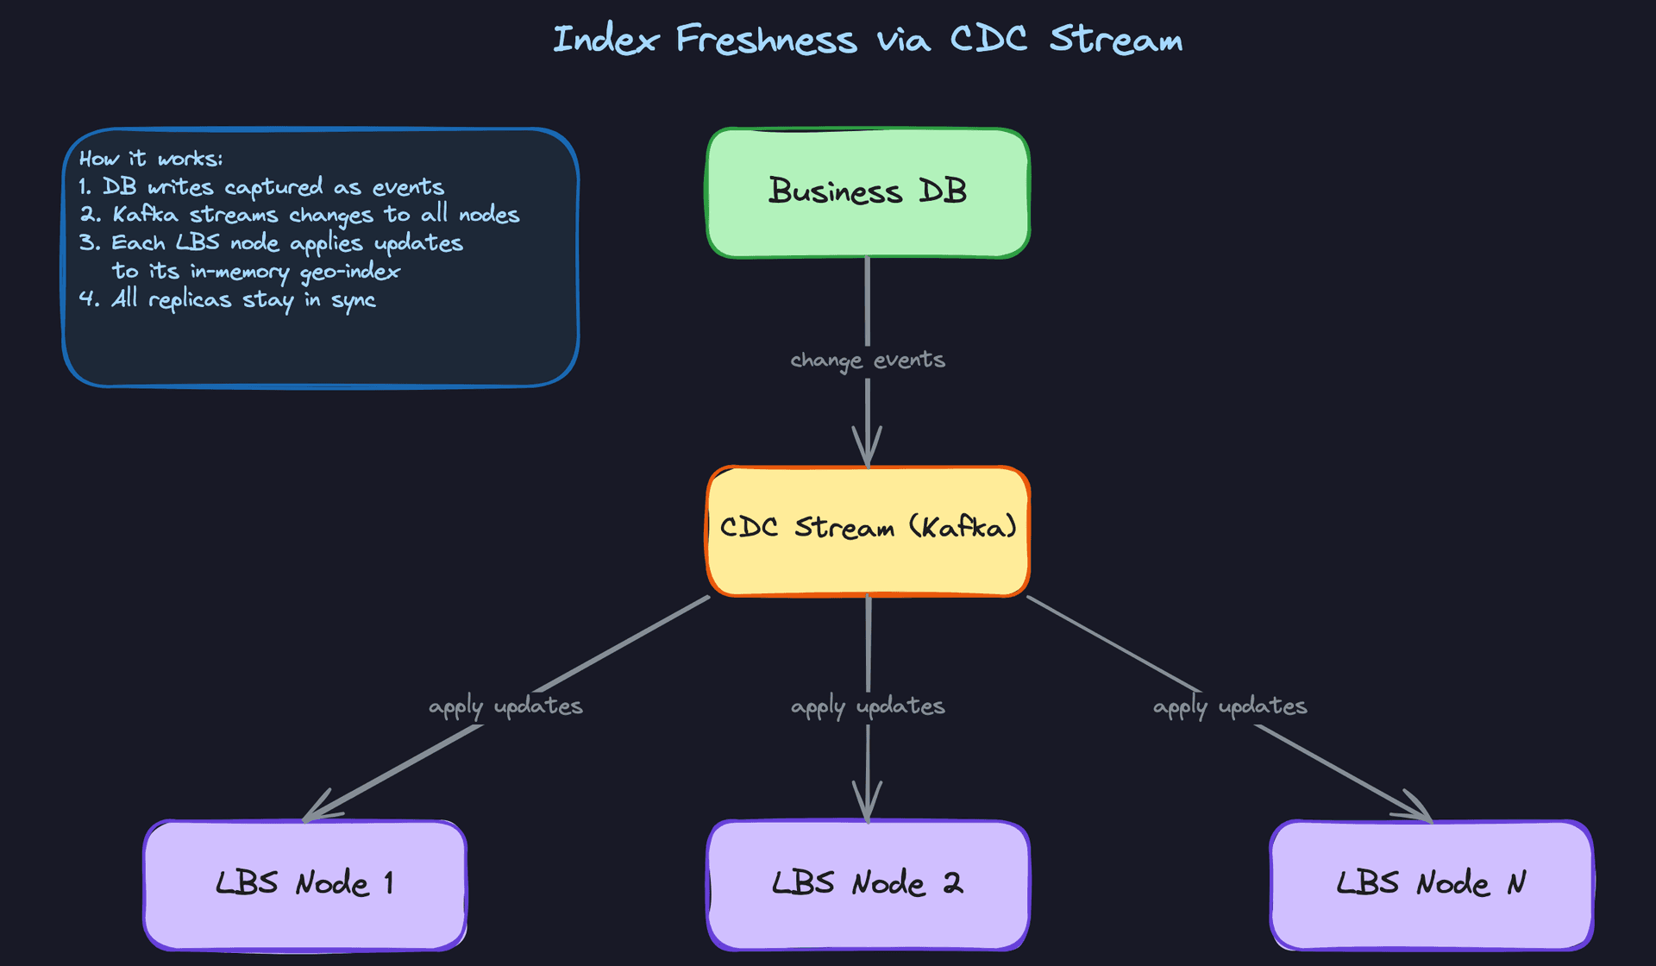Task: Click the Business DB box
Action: [868, 192]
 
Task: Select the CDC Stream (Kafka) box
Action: [868, 530]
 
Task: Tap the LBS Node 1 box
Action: [305, 884]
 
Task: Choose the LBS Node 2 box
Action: [868, 884]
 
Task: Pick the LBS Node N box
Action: [1431, 884]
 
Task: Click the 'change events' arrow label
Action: [868, 361]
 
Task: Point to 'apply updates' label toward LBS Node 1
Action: [505, 706]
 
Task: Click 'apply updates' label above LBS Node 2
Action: [868, 706]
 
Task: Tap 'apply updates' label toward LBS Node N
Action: [1230, 706]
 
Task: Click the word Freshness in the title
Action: [766, 40]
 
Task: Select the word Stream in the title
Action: [1115, 40]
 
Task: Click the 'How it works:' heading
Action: [151, 159]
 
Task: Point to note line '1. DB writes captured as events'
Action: [261, 187]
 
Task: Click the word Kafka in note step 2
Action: [145, 215]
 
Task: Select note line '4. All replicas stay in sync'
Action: [228, 299]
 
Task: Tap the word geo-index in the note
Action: [349, 272]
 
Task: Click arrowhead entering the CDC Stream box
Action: [868, 454]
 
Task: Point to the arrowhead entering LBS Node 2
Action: [868, 807]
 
